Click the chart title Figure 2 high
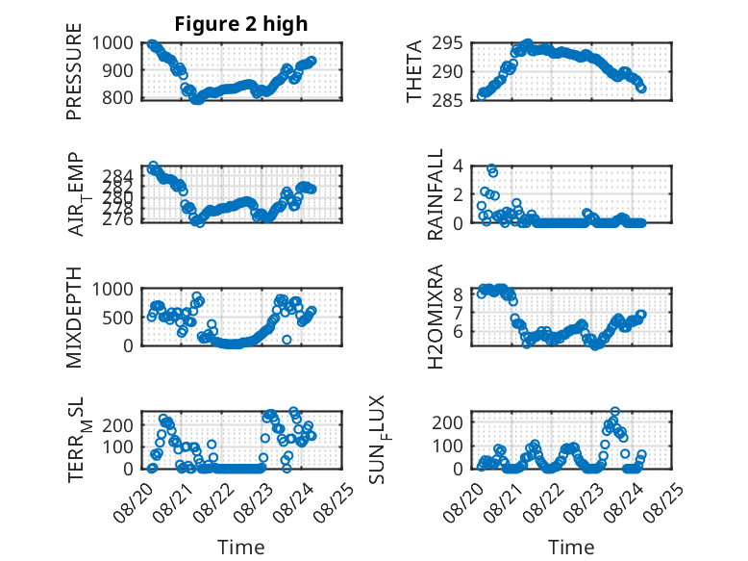pos(241,24)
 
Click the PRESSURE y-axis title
pos(74,71)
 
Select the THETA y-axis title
pos(414,71)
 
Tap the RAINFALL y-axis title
pos(436,194)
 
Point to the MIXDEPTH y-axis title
pos(74,317)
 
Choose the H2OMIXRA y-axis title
pos(436,317)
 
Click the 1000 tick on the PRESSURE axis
pos(112,43)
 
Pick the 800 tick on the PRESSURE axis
pos(118,98)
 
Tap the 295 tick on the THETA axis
pos(447,43)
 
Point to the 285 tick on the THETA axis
pos(447,100)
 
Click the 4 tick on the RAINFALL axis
pos(458,166)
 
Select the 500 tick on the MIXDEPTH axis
pos(118,318)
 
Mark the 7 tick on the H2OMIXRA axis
pos(458,313)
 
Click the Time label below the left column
pos(241,548)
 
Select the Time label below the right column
pos(571,548)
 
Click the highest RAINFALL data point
pos(491,168)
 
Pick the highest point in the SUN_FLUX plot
pos(615,412)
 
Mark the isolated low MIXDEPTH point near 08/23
pos(287,340)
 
